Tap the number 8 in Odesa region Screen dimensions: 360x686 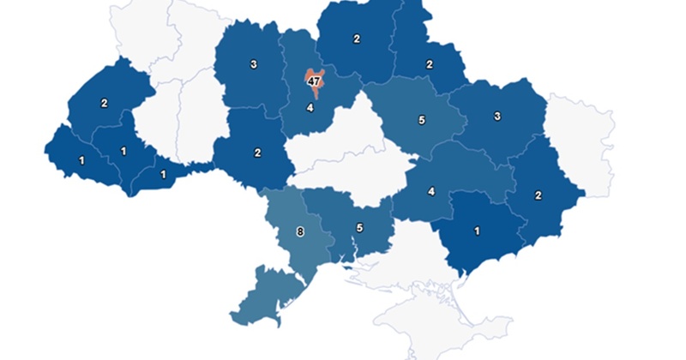point(299,231)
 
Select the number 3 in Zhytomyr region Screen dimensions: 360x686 point(254,64)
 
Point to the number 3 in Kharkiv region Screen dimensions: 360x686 point(497,117)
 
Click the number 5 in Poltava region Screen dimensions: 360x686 point(421,120)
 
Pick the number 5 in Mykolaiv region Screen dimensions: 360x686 point(360,228)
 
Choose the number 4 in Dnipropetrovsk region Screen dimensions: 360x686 point(431,191)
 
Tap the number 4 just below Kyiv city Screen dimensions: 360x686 point(310,108)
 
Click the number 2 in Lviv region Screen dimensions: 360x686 point(104,103)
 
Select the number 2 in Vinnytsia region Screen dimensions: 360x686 point(257,153)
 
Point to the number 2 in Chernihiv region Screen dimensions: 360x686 point(356,39)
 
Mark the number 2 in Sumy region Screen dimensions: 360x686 point(430,63)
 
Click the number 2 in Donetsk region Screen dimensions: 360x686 point(539,195)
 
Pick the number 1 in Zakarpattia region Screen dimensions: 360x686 point(81,160)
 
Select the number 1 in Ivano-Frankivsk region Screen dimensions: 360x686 point(124,152)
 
